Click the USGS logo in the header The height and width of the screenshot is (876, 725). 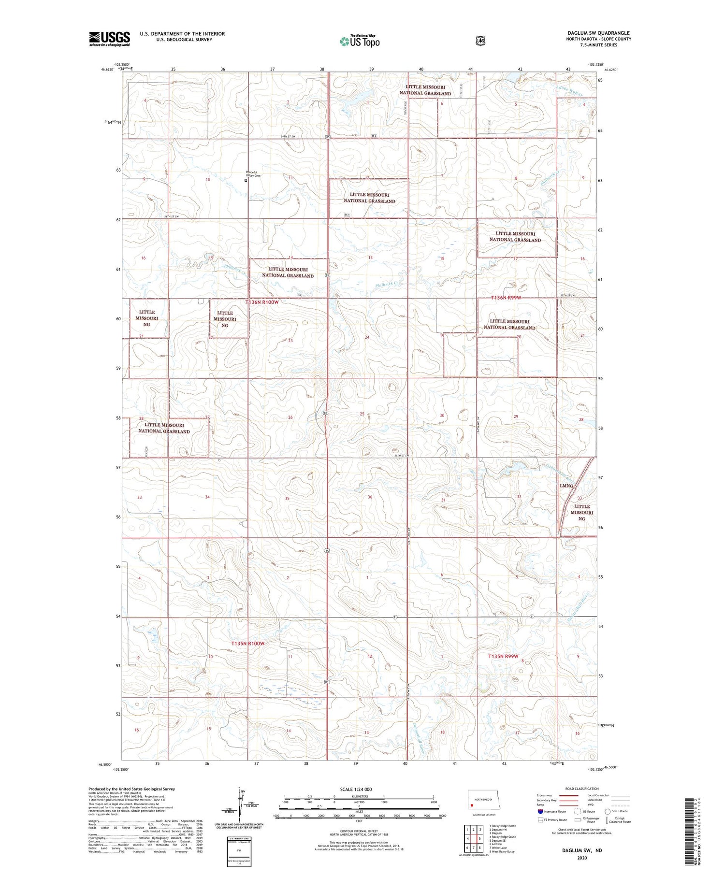pos(109,39)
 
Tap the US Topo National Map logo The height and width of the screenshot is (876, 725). pos(360,41)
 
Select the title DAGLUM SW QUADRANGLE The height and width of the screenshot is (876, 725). pos(598,33)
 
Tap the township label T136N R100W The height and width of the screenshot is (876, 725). pos(262,302)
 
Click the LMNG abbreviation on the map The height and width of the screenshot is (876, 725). pos(566,486)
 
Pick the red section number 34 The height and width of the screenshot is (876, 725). pos(207,497)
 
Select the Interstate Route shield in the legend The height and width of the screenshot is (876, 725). pos(540,811)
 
